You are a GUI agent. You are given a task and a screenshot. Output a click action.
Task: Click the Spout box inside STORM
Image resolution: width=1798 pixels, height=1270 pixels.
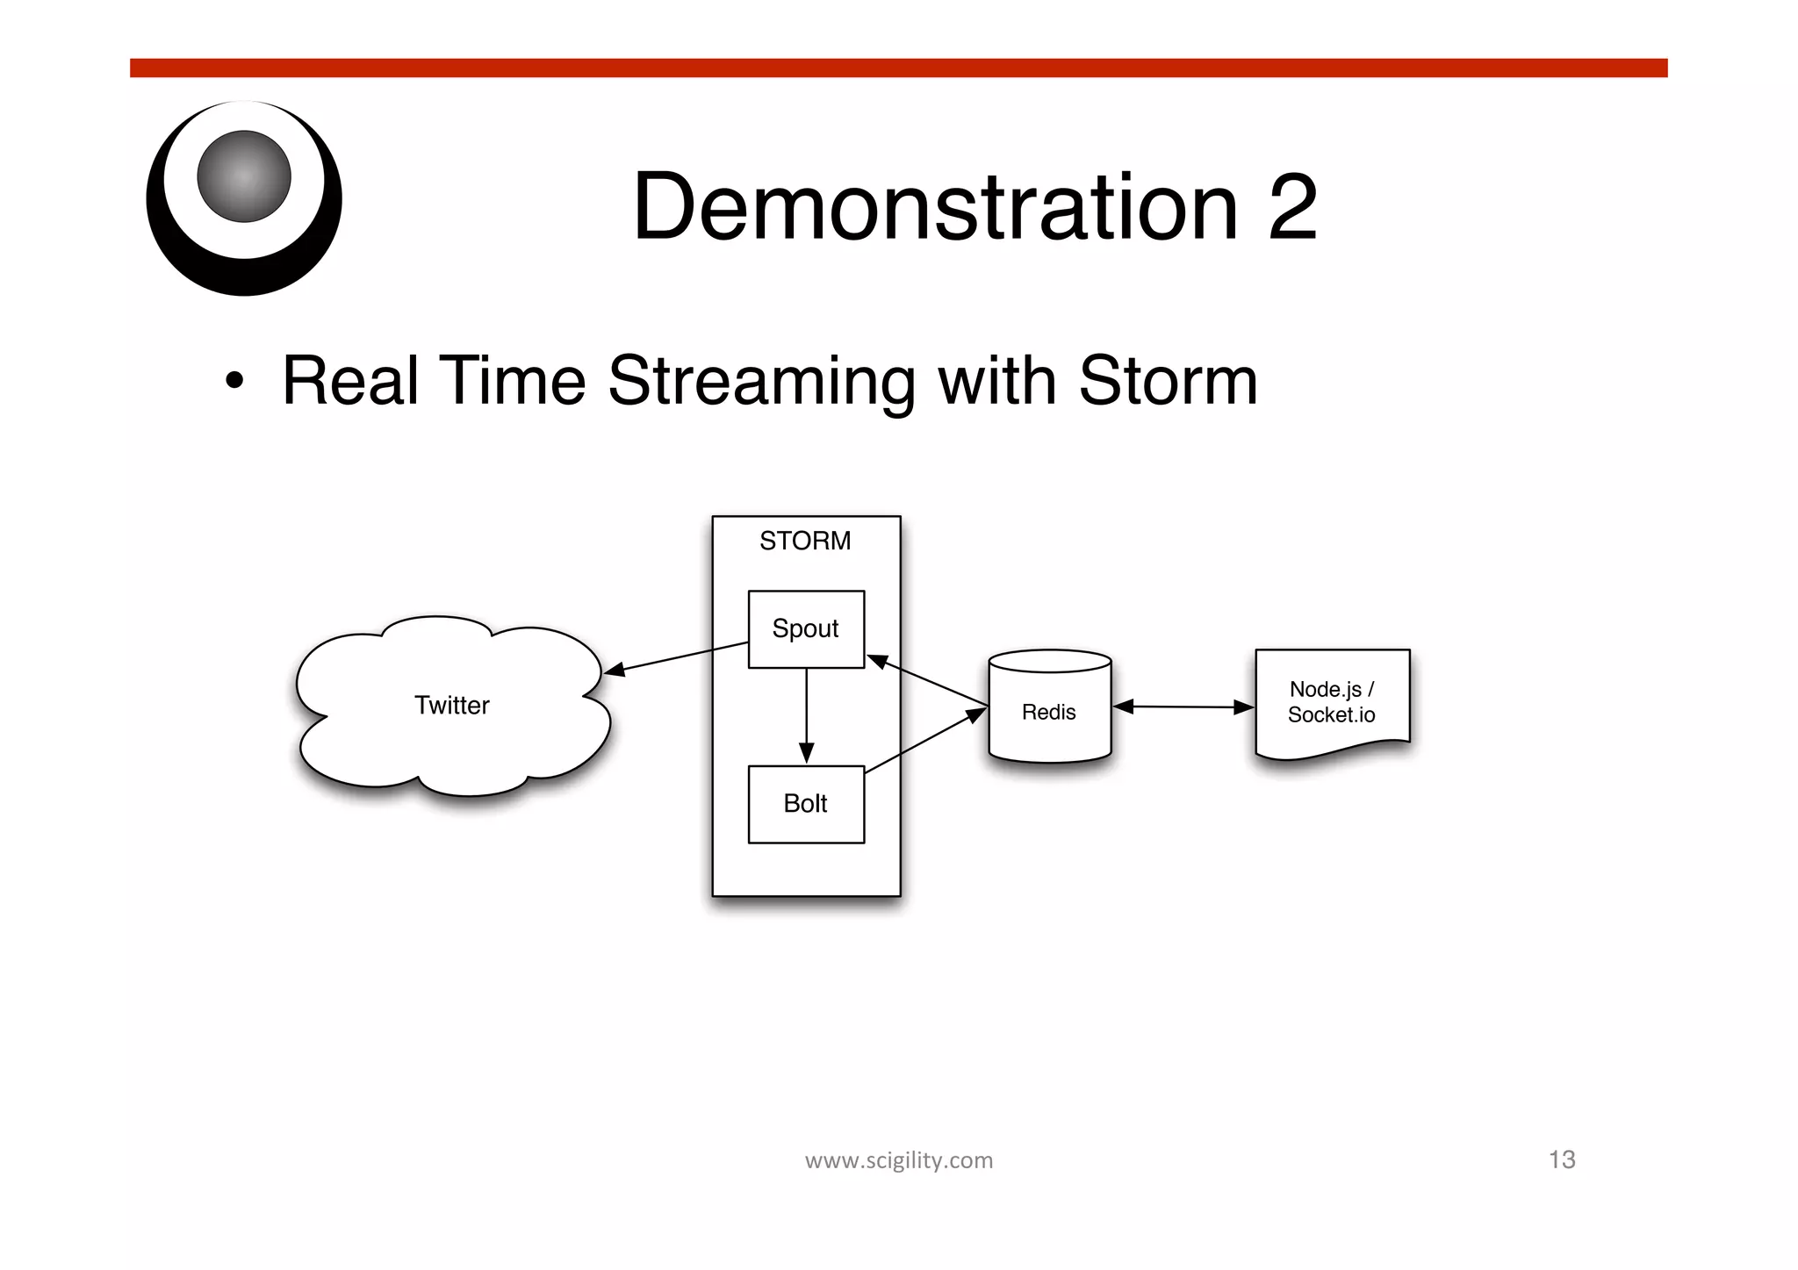pyautogui.click(x=806, y=628)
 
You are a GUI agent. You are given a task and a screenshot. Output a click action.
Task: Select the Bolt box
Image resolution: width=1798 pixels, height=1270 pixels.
pyautogui.click(x=806, y=804)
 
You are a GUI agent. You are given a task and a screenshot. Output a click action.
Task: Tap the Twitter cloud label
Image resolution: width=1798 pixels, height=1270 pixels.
pyautogui.click(x=452, y=706)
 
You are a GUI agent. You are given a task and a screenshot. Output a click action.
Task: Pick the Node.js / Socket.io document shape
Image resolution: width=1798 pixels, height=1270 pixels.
pyautogui.click(x=1332, y=702)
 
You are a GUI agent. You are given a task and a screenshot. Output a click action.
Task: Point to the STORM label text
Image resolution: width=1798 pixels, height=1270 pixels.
pyautogui.click(x=805, y=541)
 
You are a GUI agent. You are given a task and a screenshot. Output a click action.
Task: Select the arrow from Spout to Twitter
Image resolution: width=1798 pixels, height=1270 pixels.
pyautogui.click(x=676, y=658)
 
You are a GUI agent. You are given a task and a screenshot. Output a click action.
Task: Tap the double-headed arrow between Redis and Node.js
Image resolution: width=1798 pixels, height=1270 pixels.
pyautogui.click(x=1183, y=707)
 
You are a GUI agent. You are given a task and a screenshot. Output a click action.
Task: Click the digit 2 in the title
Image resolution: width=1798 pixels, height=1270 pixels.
pyautogui.click(x=1291, y=207)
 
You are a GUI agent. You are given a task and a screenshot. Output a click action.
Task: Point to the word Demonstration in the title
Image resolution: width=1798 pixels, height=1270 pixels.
pyautogui.click(x=935, y=207)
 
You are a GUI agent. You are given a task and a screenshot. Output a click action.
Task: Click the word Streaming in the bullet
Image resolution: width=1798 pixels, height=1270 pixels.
pyautogui.click(x=761, y=383)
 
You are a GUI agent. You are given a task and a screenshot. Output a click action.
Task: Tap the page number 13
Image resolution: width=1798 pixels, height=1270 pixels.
pyautogui.click(x=1562, y=1159)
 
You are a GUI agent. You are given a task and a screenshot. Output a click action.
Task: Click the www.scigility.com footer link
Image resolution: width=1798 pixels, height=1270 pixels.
pyautogui.click(x=899, y=1160)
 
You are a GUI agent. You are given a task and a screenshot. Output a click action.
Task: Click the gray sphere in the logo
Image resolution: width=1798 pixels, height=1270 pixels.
pyautogui.click(x=244, y=176)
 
